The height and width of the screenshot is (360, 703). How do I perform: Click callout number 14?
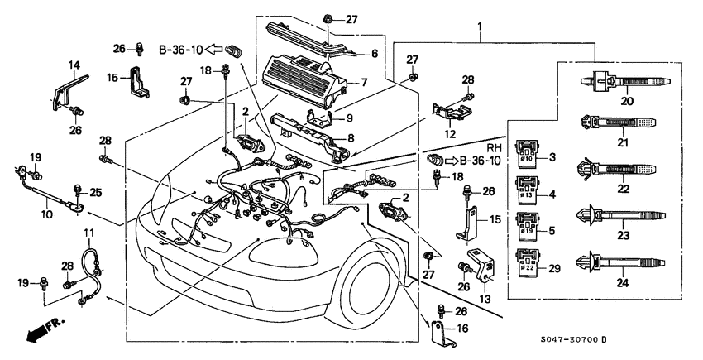pyautogui.click(x=74, y=65)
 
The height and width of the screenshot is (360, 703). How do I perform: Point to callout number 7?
pyautogui.click(x=362, y=83)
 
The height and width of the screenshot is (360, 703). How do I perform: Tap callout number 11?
pyautogui.click(x=89, y=232)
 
